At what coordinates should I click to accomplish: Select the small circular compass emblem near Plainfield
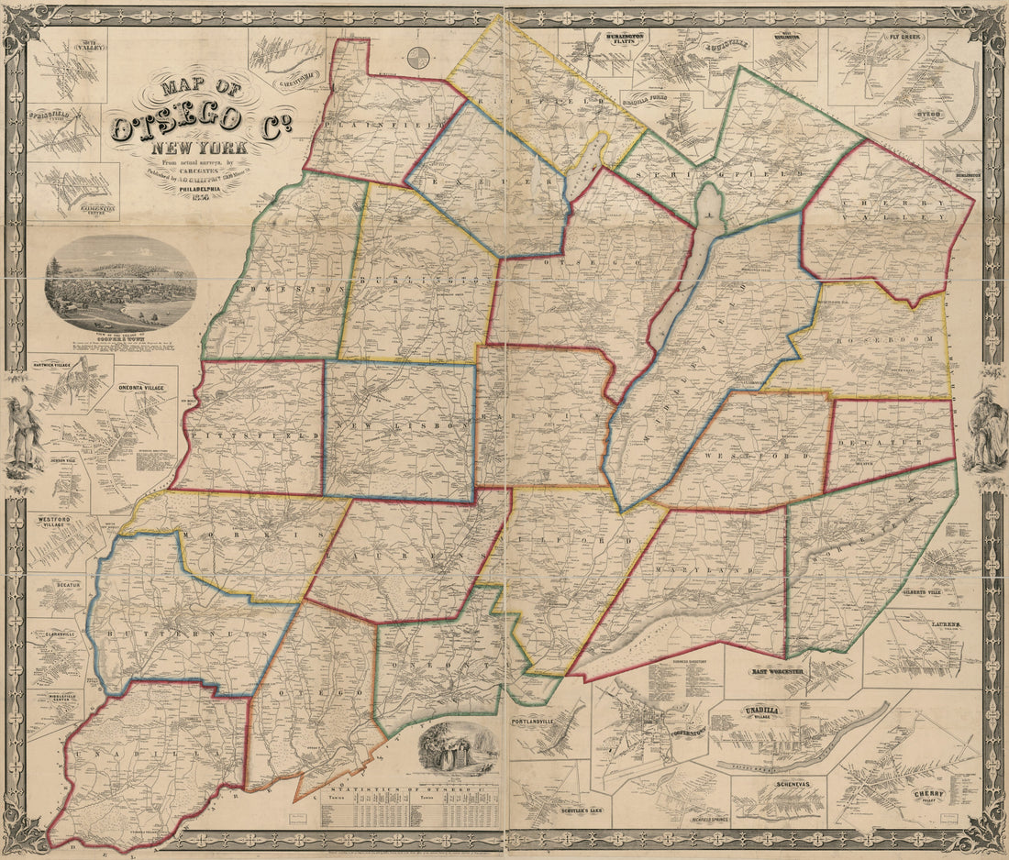point(420,57)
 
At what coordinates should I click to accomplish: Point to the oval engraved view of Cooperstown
point(120,283)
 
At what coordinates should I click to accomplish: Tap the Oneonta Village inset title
point(141,388)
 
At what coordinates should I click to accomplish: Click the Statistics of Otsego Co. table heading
point(409,788)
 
